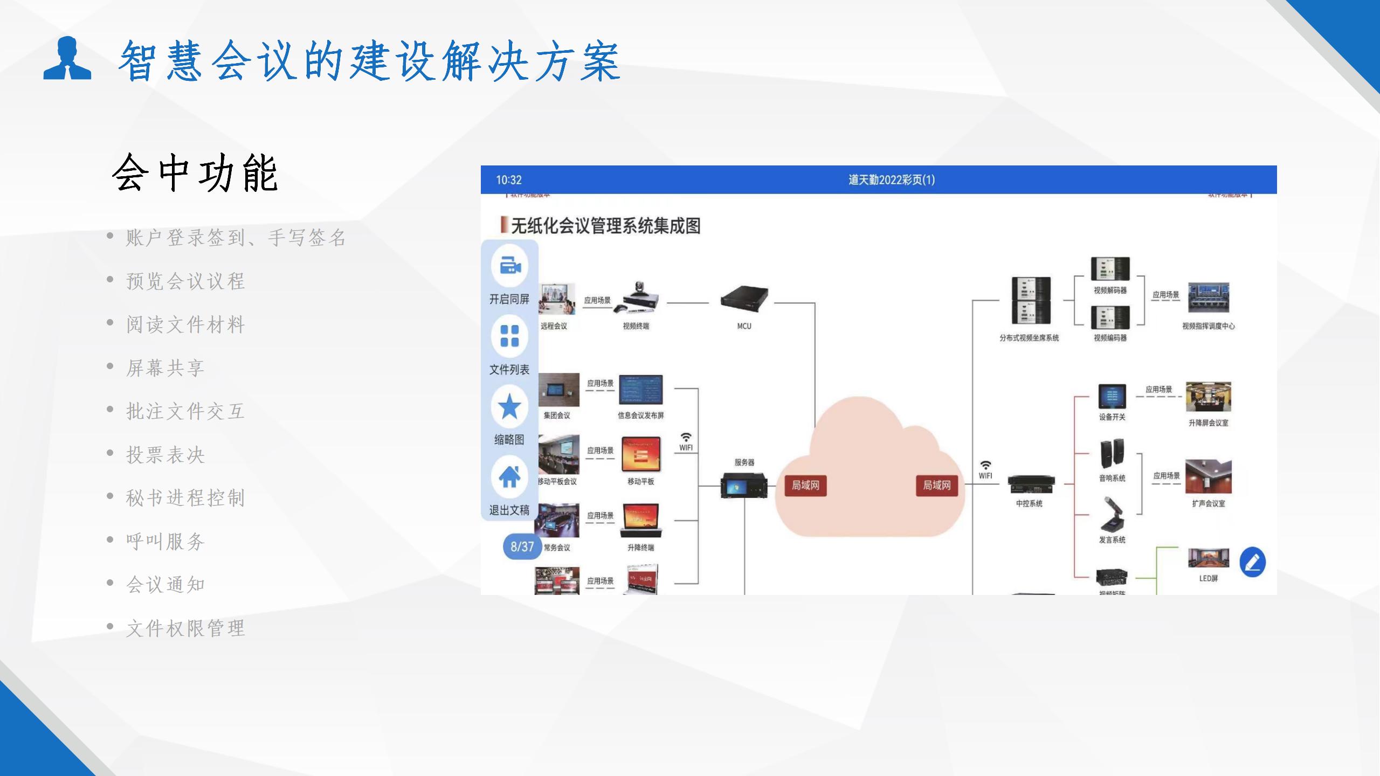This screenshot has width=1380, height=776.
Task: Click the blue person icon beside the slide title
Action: [x=67, y=58]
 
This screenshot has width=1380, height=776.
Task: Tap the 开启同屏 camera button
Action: [x=509, y=266]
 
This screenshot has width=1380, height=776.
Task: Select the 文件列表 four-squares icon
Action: [x=509, y=336]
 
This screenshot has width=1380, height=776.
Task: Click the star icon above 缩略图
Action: [x=509, y=406]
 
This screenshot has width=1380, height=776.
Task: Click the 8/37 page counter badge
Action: [x=522, y=546]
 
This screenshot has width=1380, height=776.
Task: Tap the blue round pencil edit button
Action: [x=1252, y=563]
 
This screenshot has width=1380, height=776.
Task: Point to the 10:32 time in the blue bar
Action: [x=508, y=180]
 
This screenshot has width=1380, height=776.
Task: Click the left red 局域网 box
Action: [x=805, y=486]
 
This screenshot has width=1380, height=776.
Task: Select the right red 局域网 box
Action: [x=936, y=486]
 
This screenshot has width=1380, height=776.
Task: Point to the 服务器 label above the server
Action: [x=744, y=462]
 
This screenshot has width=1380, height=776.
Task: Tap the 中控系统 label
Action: [x=1029, y=504]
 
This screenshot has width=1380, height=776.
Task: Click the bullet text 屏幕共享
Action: [x=165, y=368]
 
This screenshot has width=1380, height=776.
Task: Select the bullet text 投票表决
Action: [x=165, y=455]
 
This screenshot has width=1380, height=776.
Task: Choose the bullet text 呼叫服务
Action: [x=165, y=542]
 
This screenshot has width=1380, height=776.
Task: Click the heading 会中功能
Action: [x=195, y=173]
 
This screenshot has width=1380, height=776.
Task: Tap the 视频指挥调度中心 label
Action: [x=1208, y=327]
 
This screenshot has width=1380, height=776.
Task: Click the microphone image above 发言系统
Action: [x=1112, y=515]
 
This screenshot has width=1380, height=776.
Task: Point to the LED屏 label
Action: [x=1208, y=579]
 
